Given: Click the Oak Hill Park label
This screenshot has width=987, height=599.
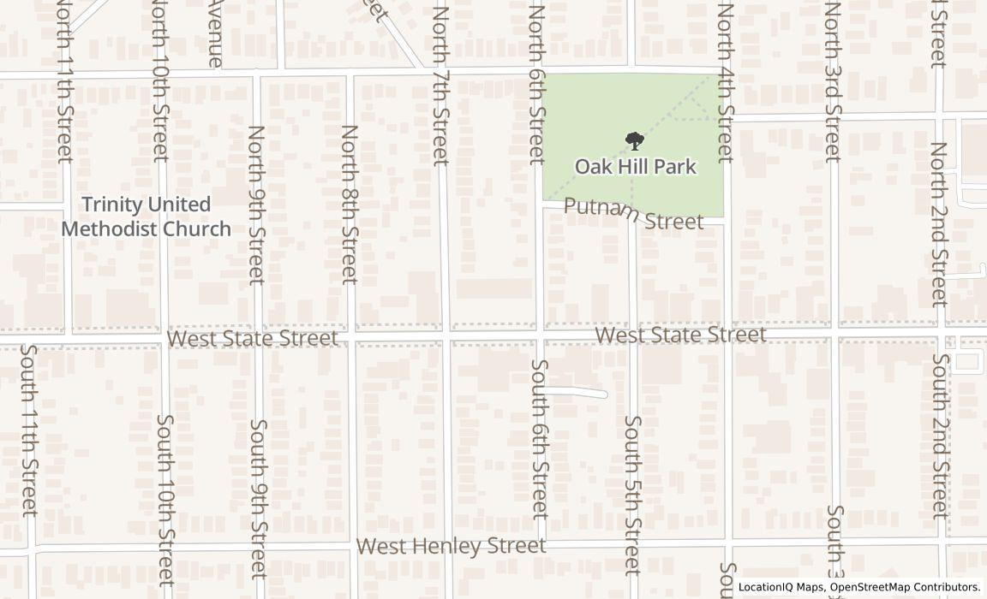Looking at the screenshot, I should pos(635,166).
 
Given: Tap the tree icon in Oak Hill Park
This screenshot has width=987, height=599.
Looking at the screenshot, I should pos(634,141).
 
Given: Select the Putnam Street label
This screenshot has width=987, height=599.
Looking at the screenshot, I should pos(634,214).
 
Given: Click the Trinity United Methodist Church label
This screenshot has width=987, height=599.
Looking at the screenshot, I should pos(147,216).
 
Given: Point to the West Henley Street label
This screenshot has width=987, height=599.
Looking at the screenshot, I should pos(451,546).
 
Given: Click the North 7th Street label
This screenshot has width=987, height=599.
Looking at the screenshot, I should pos(441,85).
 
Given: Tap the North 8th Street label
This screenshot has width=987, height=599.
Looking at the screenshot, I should pos(349,205).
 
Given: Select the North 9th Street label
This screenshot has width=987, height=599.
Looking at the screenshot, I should pos(256,205).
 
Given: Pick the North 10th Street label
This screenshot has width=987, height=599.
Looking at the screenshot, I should pos(160,81).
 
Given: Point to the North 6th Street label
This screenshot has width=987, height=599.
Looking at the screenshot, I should pos(537,85).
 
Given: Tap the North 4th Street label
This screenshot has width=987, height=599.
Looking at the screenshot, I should pos(726,83).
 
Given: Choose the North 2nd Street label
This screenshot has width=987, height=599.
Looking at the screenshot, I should pos(940,223).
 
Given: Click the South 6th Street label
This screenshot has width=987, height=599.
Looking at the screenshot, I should pos(539,439).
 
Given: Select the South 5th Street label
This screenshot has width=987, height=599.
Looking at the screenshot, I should pos(632,495).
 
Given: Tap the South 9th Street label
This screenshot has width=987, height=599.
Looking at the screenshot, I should pos(258,498).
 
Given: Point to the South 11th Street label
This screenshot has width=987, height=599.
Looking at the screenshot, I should pos(29,430).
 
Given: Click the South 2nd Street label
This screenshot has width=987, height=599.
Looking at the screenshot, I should pos(940,436).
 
